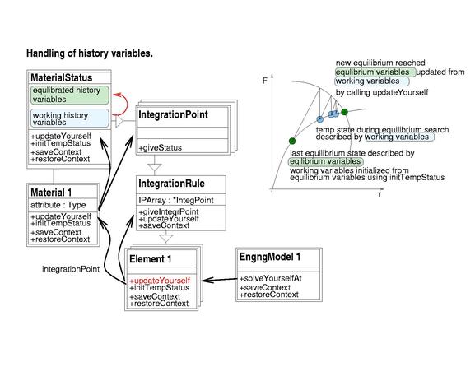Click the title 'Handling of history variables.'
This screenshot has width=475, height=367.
click(90, 53)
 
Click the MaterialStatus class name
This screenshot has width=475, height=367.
click(62, 78)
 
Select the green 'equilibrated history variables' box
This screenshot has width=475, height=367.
click(70, 95)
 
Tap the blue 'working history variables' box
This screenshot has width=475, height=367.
click(70, 118)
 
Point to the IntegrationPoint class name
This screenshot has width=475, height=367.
click(173, 114)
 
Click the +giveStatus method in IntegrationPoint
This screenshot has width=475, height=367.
click(161, 148)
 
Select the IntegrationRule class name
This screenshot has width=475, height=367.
click(171, 183)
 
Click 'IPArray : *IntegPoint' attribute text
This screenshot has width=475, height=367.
click(176, 200)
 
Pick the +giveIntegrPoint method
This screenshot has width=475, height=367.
click(169, 211)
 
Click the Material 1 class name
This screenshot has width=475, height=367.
click(51, 193)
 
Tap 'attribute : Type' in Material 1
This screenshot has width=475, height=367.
click(58, 205)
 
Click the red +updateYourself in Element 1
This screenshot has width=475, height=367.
click(160, 281)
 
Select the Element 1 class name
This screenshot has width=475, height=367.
click(151, 259)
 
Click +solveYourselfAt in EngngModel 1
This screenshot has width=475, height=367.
click(271, 278)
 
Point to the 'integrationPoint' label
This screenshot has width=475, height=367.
click(71, 269)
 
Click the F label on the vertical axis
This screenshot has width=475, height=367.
click(265, 81)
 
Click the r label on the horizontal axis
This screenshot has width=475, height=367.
click(380, 194)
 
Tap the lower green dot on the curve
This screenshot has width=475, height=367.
click(292, 141)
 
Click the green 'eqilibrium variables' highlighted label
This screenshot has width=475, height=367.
click(326, 161)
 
